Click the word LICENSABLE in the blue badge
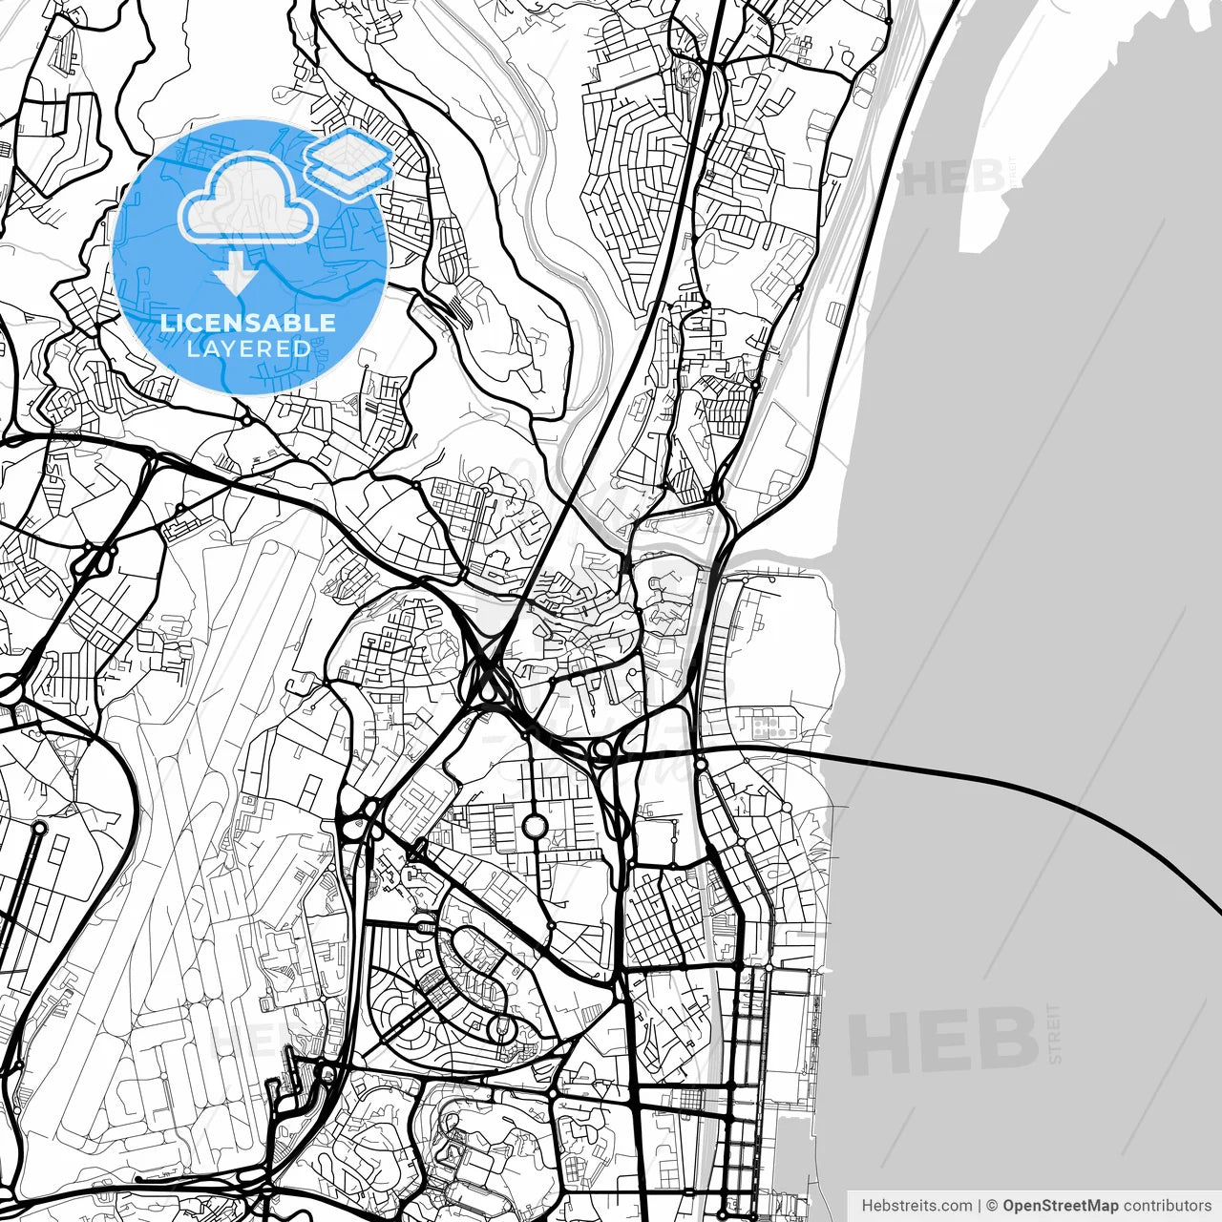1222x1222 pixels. click(x=247, y=323)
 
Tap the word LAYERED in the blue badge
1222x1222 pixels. click(x=247, y=348)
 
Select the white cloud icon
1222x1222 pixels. click(x=248, y=199)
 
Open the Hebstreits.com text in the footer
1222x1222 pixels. click(x=916, y=1206)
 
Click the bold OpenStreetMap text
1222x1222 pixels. click(x=1061, y=1206)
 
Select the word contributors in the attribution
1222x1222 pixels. click(x=1167, y=1206)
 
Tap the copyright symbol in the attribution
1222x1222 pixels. click(x=993, y=1206)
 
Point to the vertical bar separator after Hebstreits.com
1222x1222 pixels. click(x=980, y=1206)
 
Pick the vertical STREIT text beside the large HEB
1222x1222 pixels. click(x=1055, y=1033)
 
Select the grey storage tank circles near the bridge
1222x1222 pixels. click(x=774, y=729)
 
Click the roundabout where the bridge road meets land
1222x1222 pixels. click(x=700, y=764)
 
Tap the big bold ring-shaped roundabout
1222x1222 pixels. click(x=535, y=823)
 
